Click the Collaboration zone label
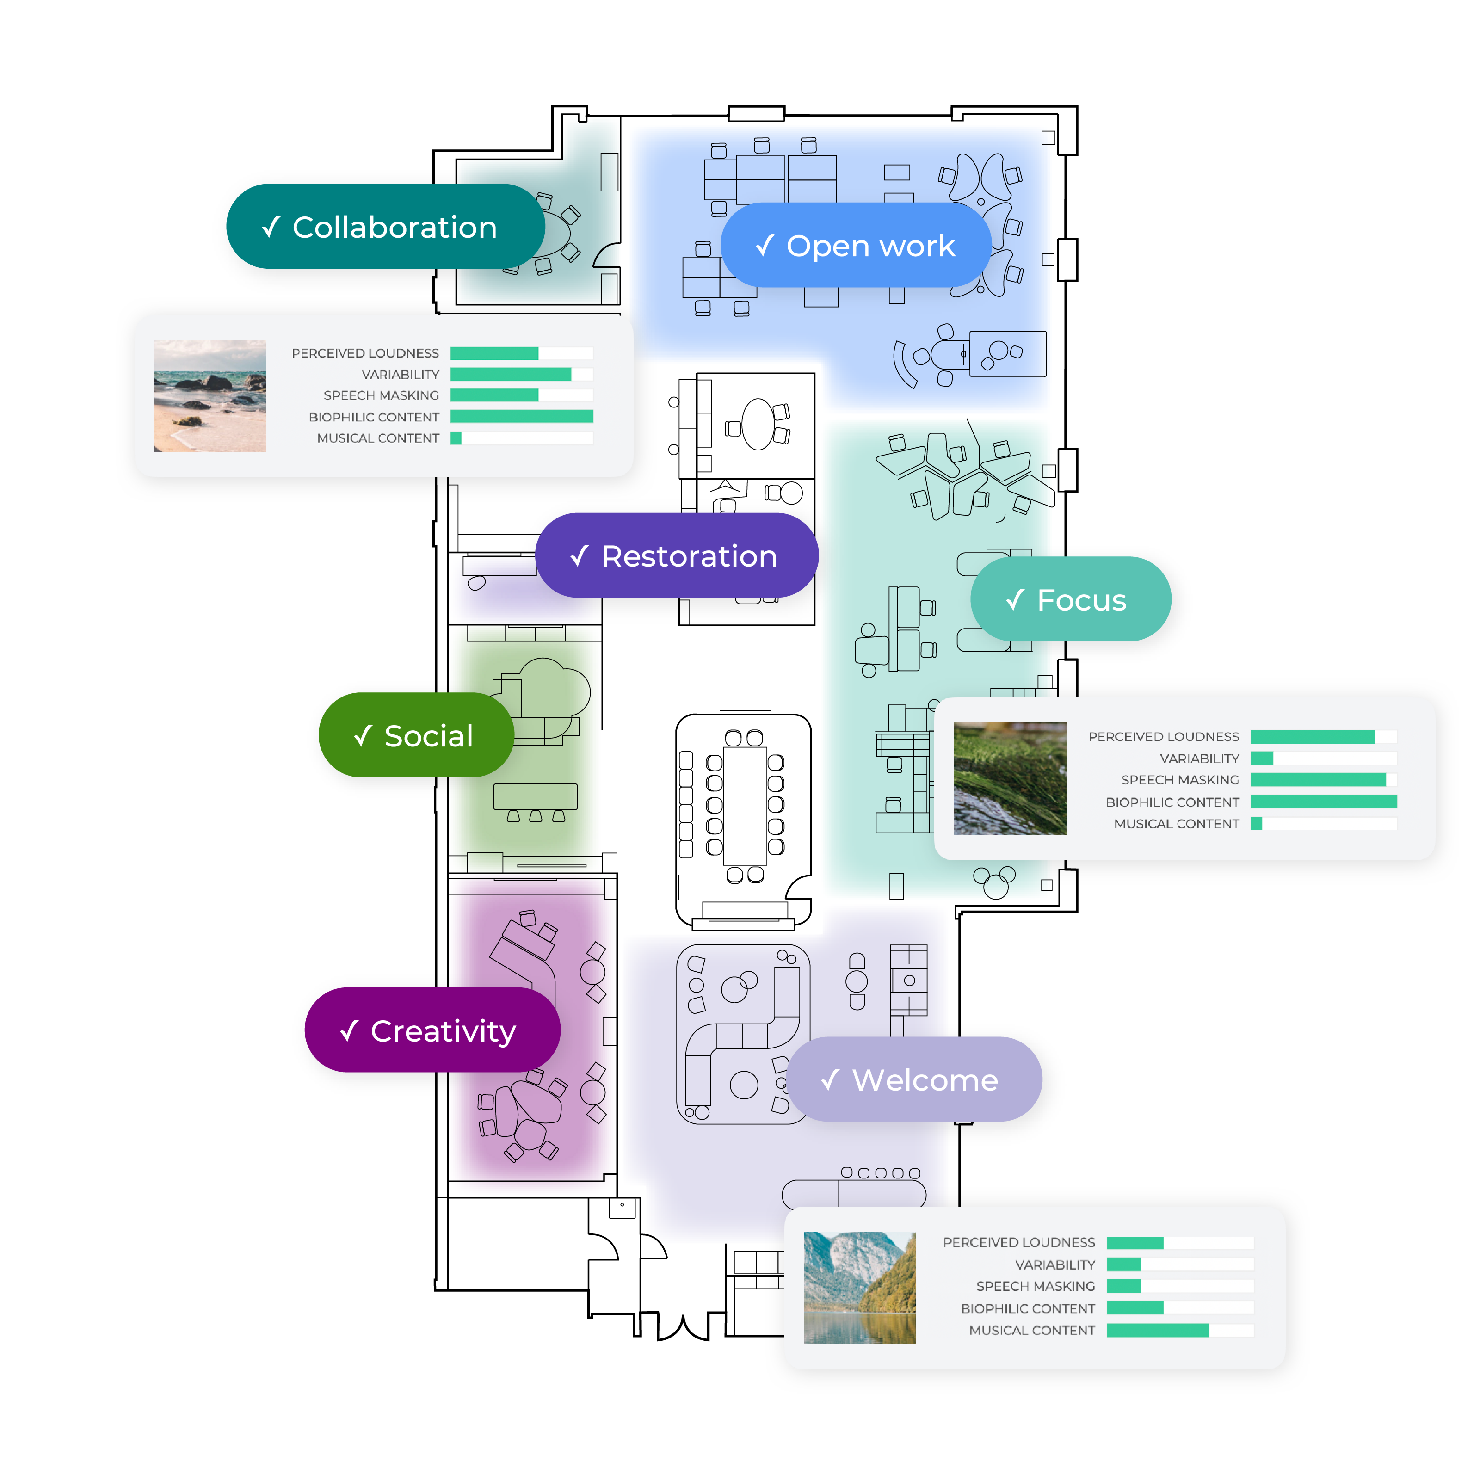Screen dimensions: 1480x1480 point(385,226)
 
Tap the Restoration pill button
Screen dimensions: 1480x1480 point(677,555)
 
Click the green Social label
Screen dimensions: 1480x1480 point(416,735)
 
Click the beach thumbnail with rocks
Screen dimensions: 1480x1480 point(210,396)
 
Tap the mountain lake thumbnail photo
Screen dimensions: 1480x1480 point(859,1288)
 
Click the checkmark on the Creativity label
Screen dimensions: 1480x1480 point(349,1030)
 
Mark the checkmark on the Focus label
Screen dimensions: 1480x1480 point(1015,599)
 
